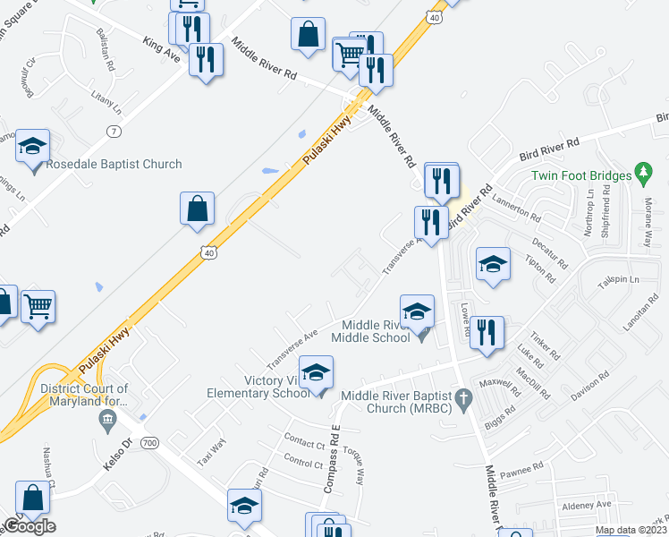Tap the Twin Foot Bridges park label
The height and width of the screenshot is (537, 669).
[x=580, y=177]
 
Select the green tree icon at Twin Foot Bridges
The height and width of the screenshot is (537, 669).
[x=642, y=170]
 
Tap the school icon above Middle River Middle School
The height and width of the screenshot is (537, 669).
[x=417, y=312]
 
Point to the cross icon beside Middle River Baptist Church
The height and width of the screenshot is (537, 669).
[x=462, y=397]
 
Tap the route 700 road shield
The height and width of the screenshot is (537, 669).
[x=149, y=443]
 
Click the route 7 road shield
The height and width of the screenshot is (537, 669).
[x=113, y=132]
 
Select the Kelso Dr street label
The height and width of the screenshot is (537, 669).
[x=116, y=444]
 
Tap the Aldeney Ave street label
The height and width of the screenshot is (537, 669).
[x=587, y=505]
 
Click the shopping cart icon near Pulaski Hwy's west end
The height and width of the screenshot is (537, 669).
[x=38, y=307]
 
